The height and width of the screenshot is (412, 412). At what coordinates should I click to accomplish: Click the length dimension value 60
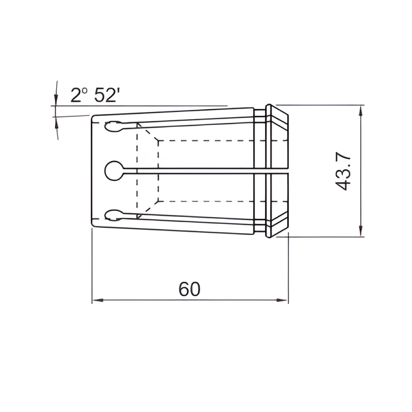(x=189, y=289)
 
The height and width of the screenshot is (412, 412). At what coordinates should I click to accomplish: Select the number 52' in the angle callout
(x=107, y=96)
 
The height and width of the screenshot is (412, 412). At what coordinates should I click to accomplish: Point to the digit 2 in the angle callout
(x=76, y=96)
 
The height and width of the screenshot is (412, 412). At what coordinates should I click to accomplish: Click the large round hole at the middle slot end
(x=115, y=170)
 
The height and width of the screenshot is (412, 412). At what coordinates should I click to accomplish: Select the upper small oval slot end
(x=112, y=127)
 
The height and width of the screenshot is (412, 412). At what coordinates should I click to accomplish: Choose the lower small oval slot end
(x=112, y=214)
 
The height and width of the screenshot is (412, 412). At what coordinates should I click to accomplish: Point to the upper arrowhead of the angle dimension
(x=56, y=99)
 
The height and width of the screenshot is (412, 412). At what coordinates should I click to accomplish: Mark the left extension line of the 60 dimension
(x=92, y=267)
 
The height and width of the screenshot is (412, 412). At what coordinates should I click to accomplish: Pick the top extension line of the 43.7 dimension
(x=323, y=105)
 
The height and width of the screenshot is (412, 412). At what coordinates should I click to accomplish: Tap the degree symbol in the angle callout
(x=86, y=91)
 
